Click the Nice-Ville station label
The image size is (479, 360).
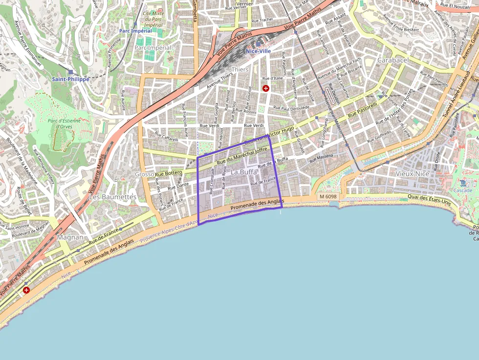click(258, 51)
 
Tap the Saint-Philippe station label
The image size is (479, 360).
click(71, 79)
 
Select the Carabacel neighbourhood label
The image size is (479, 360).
click(393, 60)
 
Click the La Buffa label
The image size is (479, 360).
click(243, 172)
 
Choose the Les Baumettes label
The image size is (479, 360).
click(113, 197)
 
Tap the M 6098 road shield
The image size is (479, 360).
click(328, 196)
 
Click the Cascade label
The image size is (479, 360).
click(463, 190)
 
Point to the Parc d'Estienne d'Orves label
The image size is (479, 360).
click(64, 123)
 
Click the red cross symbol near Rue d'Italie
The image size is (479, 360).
click(266, 88)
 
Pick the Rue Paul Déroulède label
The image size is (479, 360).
click(291, 107)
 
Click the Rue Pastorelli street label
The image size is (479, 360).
click(363, 110)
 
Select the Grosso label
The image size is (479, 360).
click(144, 174)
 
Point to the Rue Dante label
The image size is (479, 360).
click(178, 186)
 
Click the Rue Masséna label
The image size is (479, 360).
click(321, 157)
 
